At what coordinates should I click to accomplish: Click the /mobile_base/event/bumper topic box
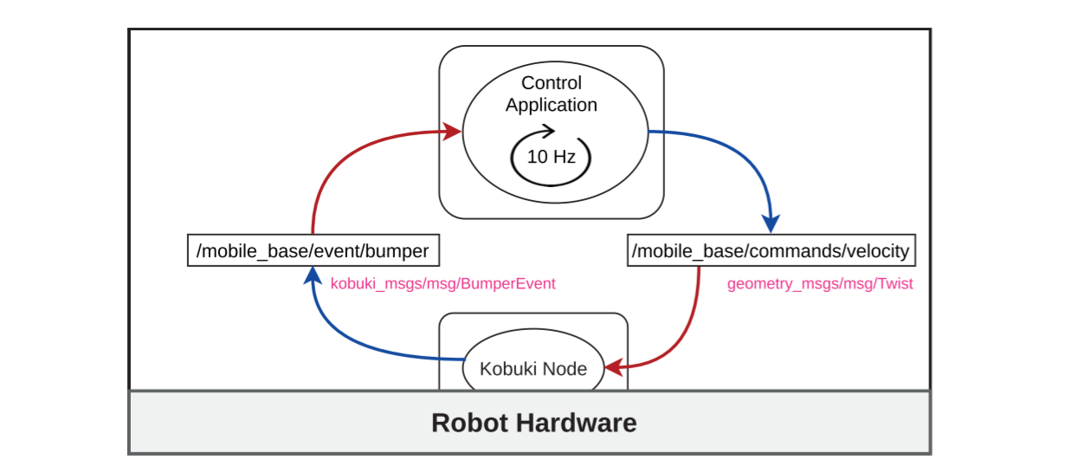coord(313,251)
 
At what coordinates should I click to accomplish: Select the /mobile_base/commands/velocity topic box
coord(771,252)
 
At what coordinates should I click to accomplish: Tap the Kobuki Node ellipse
coord(533,368)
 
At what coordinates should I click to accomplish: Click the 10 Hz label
coord(551,158)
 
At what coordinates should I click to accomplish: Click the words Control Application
coord(552,94)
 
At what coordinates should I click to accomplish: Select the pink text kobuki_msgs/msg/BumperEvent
coord(443,283)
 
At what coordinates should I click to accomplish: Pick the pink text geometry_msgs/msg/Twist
coord(819,283)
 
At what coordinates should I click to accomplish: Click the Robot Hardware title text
coord(533,423)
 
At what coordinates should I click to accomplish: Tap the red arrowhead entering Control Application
coord(452,132)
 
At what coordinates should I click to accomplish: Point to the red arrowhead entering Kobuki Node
coord(613,368)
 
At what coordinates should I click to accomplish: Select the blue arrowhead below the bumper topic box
coord(309,276)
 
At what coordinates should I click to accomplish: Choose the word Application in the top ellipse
coord(552,105)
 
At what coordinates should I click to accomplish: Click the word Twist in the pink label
coord(895,283)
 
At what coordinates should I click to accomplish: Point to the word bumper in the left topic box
coord(397,251)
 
